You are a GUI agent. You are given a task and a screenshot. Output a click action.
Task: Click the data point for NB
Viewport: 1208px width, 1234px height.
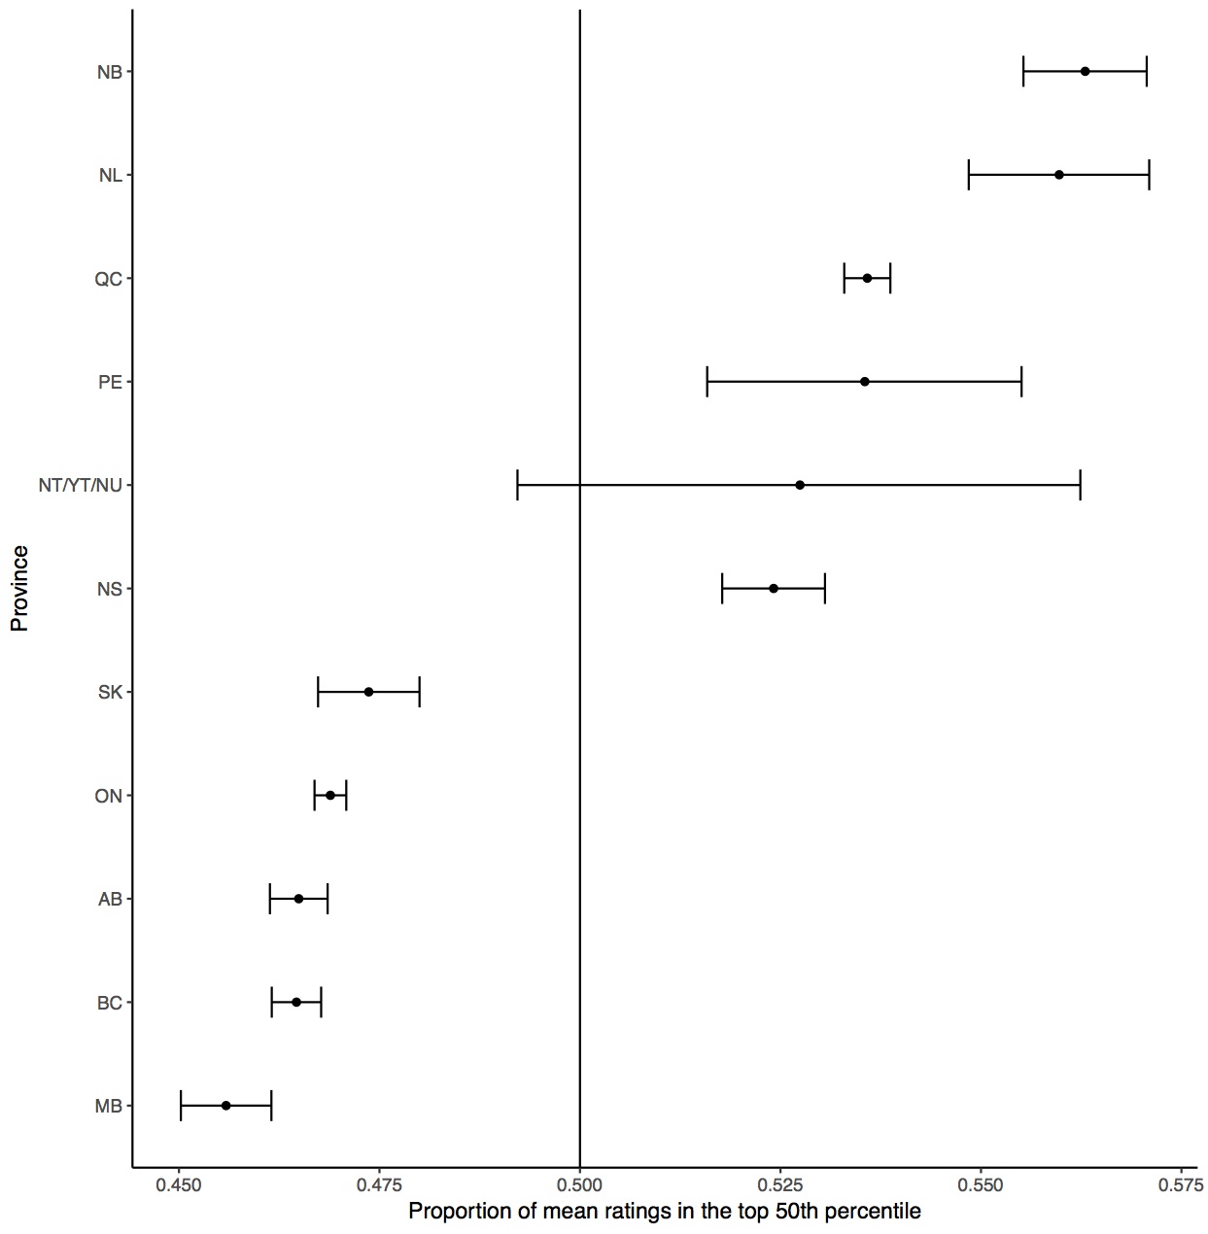pyautogui.click(x=1085, y=71)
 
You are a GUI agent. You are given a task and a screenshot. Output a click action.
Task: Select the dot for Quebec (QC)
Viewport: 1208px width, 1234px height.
pyautogui.click(x=867, y=278)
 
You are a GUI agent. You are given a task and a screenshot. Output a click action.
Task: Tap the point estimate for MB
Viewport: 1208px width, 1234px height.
pyautogui.click(x=225, y=1106)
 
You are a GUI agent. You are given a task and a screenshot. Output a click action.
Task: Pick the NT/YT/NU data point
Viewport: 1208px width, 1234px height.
pyautogui.click(x=800, y=485)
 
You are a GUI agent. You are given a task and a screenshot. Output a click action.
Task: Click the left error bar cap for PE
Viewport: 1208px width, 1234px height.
pyautogui.click(x=708, y=382)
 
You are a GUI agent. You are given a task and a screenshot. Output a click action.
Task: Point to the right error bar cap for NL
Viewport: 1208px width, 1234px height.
pyautogui.click(x=1149, y=175)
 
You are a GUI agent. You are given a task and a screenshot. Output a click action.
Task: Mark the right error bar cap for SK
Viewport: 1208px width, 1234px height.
pyautogui.click(x=419, y=692)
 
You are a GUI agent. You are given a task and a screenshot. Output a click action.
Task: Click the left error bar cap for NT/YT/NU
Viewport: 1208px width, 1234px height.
pyautogui.click(x=518, y=485)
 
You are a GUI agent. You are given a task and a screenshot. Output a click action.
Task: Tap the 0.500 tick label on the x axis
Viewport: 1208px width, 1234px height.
pyautogui.click(x=579, y=1185)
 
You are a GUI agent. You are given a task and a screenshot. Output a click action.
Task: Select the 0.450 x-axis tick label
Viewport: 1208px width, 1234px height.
pyautogui.click(x=178, y=1185)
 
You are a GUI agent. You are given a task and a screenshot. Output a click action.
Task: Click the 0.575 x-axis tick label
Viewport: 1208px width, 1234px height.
pyautogui.click(x=1181, y=1185)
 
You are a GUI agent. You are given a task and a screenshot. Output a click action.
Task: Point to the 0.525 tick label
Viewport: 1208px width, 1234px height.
pyautogui.click(x=780, y=1185)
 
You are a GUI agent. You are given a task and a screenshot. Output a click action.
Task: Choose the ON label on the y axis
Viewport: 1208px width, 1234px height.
pyautogui.click(x=109, y=796)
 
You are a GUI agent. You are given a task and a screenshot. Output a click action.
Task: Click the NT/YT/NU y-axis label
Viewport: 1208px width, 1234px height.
pyautogui.click(x=81, y=485)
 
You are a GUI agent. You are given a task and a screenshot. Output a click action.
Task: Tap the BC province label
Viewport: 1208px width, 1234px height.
pyautogui.click(x=110, y=1003)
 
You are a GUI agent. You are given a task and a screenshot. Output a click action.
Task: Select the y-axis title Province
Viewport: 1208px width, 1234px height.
pyautogui.click(x=19, y=589)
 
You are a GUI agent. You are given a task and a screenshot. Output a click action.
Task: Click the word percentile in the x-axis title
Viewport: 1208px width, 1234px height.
pyautogui.click(x=877, y=1212)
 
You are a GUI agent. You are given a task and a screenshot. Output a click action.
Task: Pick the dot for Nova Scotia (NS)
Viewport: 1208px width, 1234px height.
pyautogui.click(x=774, y=589)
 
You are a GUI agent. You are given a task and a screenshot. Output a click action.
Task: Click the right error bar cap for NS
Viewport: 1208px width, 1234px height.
pyautogui.click(x=825, y=589)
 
